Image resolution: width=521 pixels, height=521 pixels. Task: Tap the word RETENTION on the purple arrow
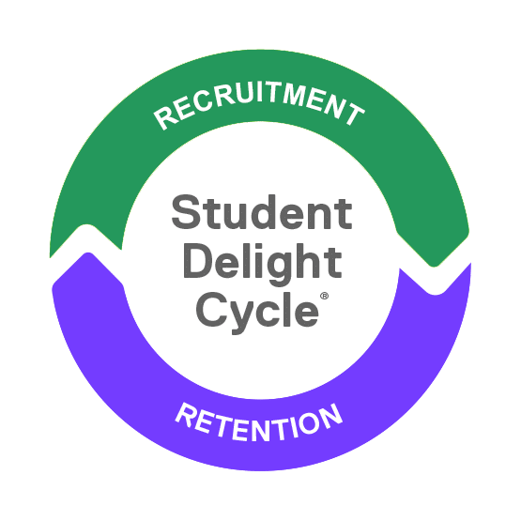tap(259, 422)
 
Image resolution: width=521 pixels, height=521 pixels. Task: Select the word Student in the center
tap(262, 212)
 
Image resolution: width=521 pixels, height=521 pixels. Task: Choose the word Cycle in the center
tap(257, 312)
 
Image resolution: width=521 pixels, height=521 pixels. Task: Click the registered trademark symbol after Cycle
tap(324, 296)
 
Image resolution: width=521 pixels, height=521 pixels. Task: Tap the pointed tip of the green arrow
tap(434, 266)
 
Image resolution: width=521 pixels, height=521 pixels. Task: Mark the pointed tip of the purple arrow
tap(87, 253)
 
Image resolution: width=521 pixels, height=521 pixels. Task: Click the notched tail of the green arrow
tap(87, 226)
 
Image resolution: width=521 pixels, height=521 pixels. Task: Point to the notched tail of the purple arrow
tap(436, 293)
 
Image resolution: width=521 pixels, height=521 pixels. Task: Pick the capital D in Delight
tap(199, 261)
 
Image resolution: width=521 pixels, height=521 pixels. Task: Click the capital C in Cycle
tap(212, 310)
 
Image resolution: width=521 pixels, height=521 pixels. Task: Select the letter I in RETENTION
tap(290, 429)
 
